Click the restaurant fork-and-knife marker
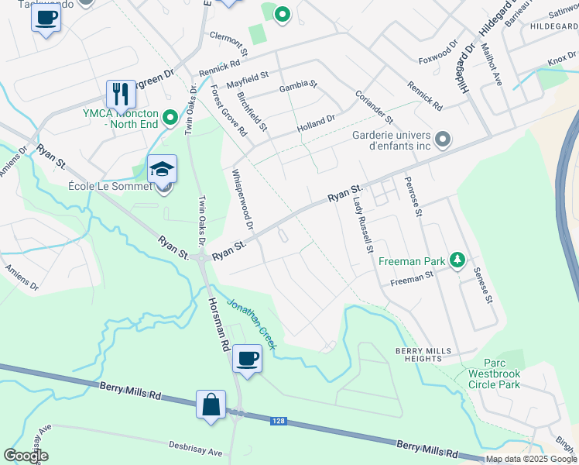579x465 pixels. click(x=121, y=95)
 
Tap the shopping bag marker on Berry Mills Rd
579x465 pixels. click(x=211, y=405)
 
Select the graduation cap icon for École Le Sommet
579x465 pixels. click(x=162, y=169)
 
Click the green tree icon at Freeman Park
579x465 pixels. click(x=458, y=260)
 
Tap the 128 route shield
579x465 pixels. click(x=279, y=421)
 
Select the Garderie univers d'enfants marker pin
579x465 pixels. click(x=443, y=139)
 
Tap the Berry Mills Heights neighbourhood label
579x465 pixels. click(x=423, y=355)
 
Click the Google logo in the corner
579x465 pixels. click(x=26, y=456)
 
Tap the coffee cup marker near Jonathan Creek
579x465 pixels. click(x=247, y=359)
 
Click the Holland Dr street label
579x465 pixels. click(x=314, y=123)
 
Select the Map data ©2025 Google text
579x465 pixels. click(x=532, y=459)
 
